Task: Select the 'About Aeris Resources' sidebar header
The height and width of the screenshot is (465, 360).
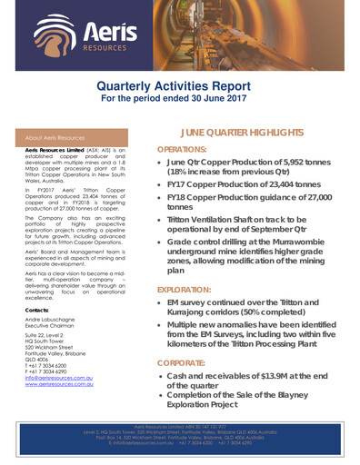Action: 53,138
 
